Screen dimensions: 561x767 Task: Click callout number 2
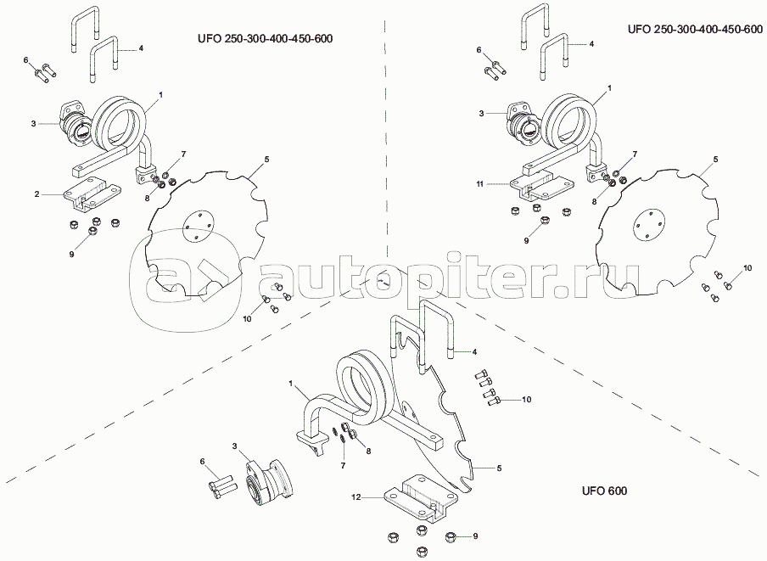(x=37, y=195)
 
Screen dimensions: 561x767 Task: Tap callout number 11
(x=479, y=182)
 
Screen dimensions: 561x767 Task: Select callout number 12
(x=357, y=498)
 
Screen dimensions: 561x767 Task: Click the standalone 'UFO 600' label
(x=604, y=491)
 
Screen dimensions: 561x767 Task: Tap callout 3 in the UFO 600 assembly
(x=234, y=446)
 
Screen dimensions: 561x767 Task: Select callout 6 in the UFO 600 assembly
(x=203, y=462)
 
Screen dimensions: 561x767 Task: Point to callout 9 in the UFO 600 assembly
(x=476, y=536)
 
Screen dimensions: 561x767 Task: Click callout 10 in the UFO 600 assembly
(x=526, y=399)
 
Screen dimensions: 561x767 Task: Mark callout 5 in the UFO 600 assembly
(x=500, y=468)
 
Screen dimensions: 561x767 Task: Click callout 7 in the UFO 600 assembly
(x=343, y=466)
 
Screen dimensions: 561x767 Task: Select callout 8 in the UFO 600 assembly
(x=368, y=452)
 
